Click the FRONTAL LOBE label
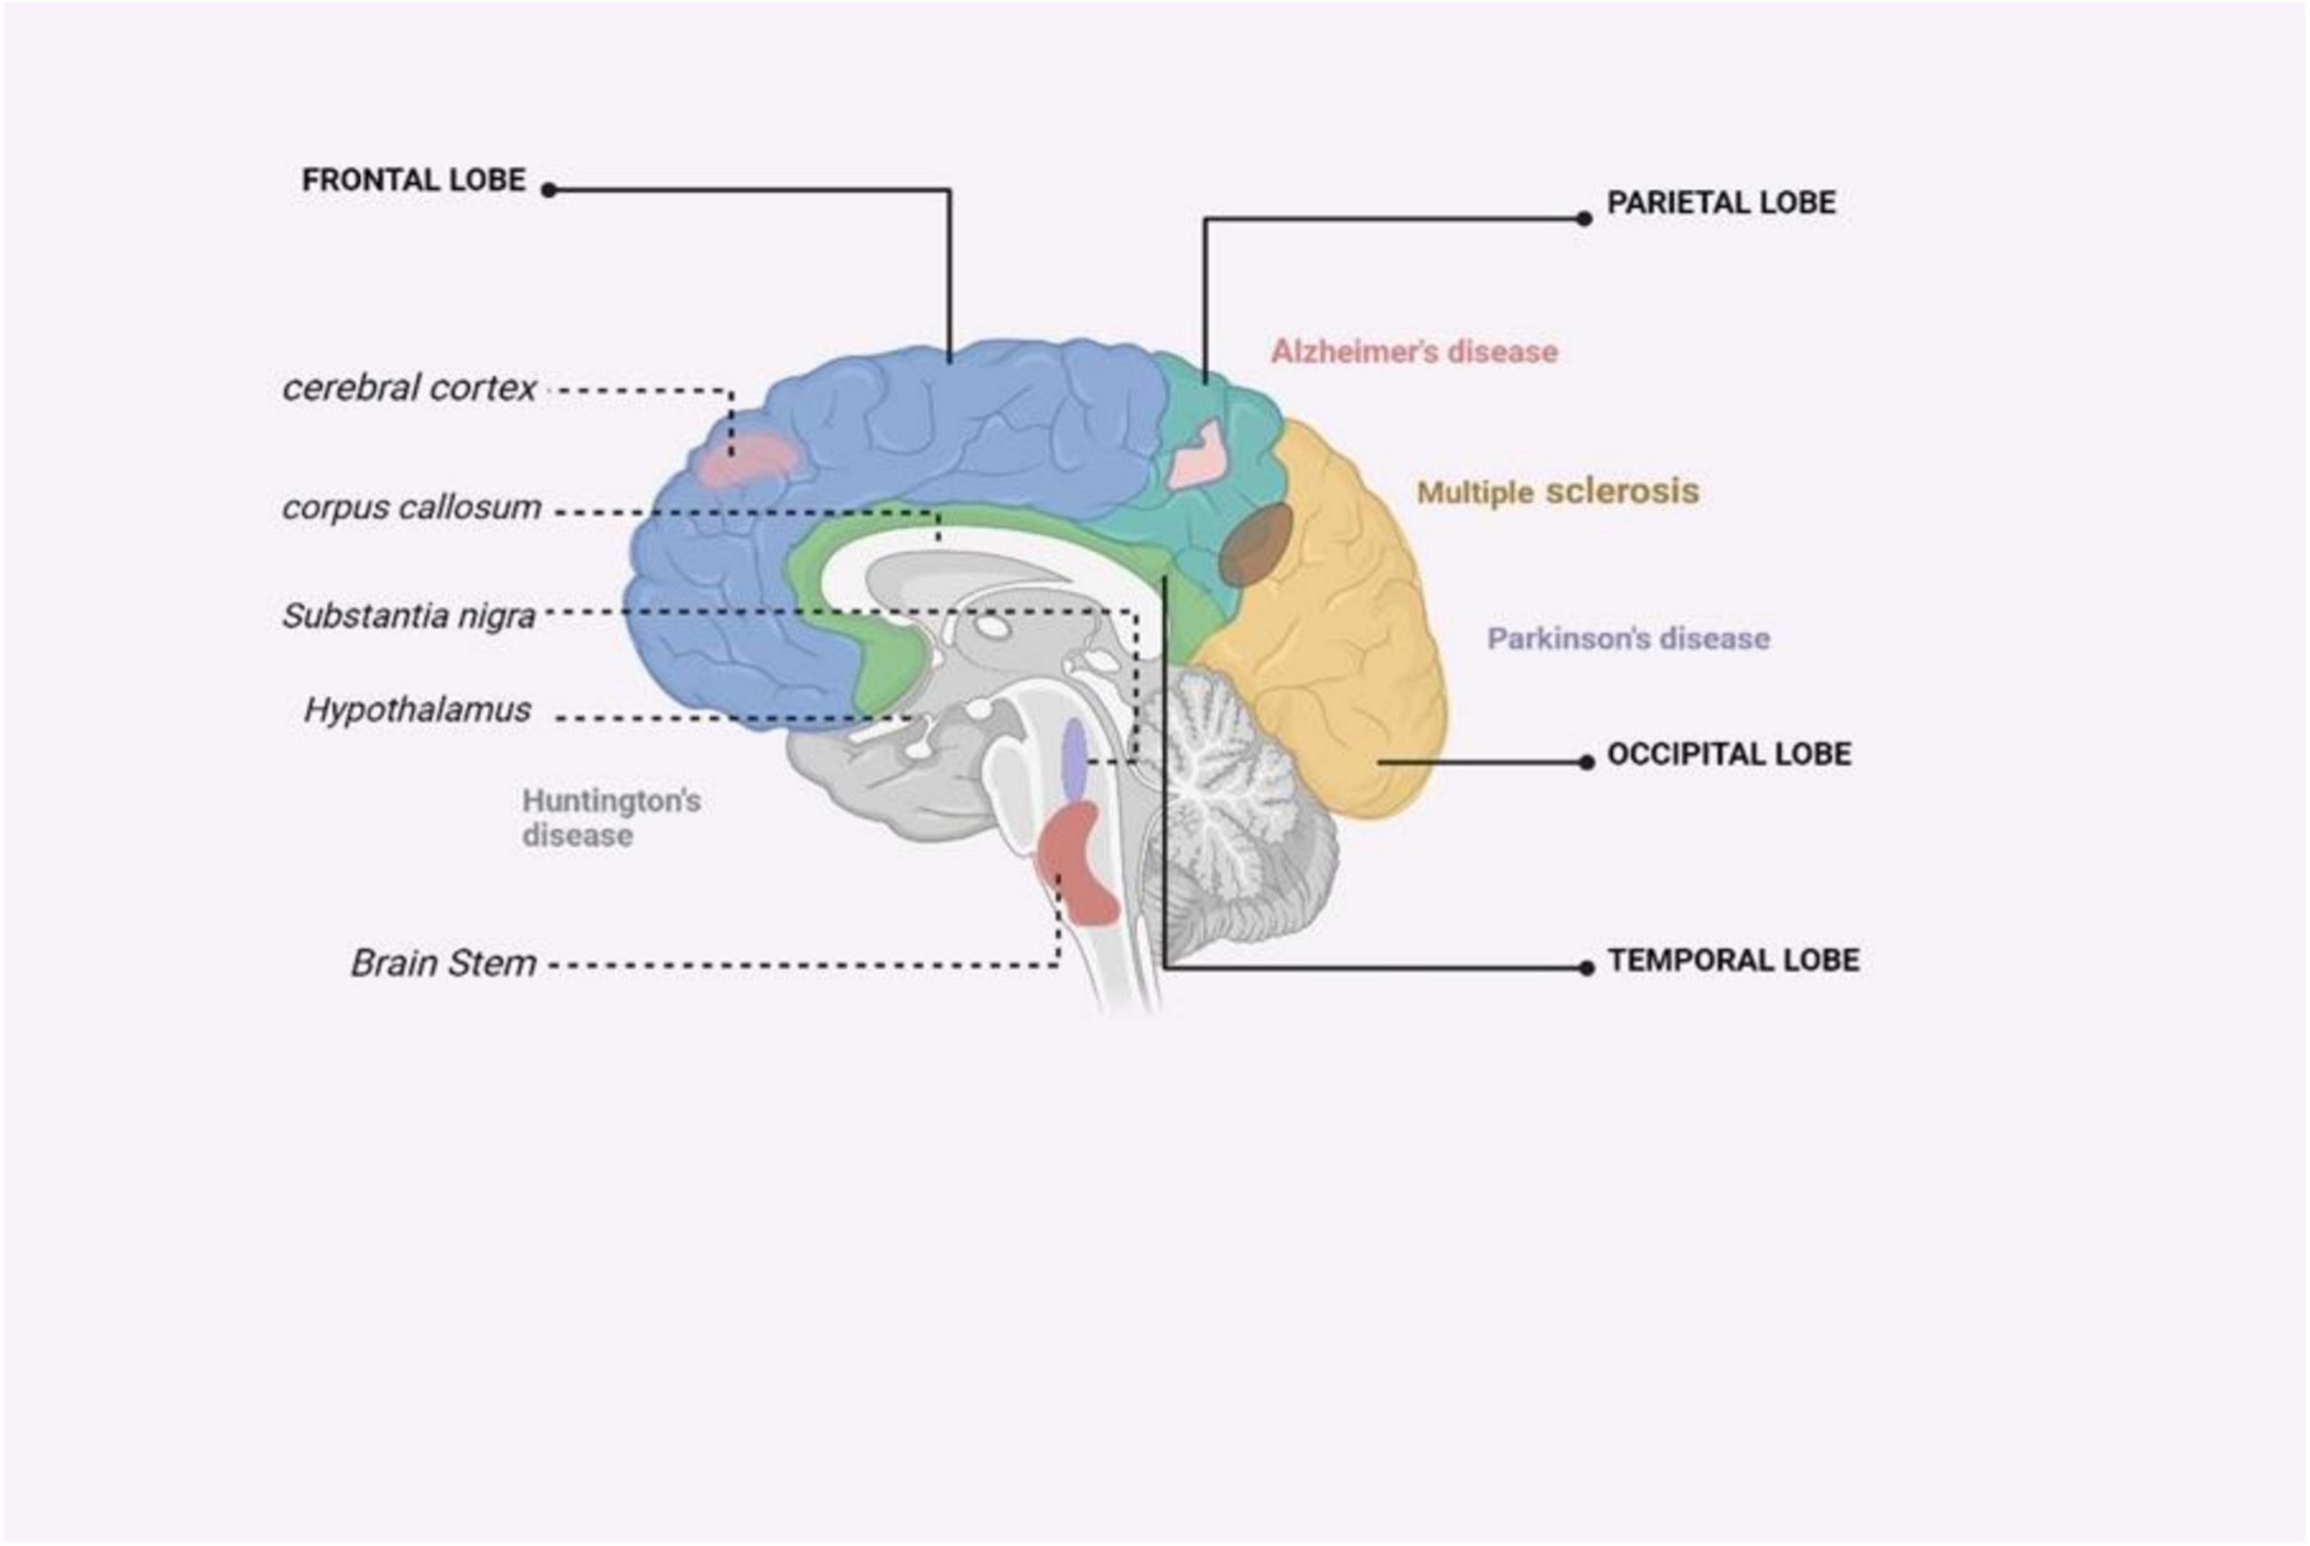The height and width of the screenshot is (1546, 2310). coord(413,180)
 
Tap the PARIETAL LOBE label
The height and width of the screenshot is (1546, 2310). coord(1720,203)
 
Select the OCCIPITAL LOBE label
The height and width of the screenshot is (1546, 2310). coord(1728,754)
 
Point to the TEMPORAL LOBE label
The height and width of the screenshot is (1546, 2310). coord(1733,961)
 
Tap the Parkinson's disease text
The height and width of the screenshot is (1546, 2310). coord(1628,639)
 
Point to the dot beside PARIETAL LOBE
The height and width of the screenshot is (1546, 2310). coord(1584,219)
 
